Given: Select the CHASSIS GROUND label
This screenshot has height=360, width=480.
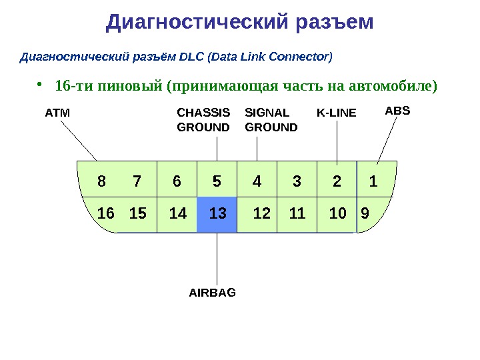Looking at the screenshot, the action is point(203,119).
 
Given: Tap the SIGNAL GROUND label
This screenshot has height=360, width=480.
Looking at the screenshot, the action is point(271,119).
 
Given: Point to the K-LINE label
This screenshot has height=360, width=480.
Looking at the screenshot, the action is point(336,113).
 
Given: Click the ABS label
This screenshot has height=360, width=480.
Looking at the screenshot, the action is point(398,109).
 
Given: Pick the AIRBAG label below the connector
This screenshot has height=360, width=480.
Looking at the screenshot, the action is point(213,292).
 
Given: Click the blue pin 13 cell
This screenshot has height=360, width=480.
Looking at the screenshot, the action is point(217,214).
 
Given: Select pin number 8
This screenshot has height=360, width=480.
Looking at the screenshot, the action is point(101,181).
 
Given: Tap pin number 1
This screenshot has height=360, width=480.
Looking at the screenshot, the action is point(374,181).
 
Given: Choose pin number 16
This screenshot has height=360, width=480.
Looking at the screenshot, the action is point(106,214).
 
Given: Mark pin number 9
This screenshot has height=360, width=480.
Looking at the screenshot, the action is point(365,214).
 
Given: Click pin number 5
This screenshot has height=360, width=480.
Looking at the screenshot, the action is point(217,181).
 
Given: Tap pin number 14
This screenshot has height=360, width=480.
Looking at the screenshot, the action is point(178,214).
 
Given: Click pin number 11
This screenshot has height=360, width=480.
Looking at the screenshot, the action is point(297,214).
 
